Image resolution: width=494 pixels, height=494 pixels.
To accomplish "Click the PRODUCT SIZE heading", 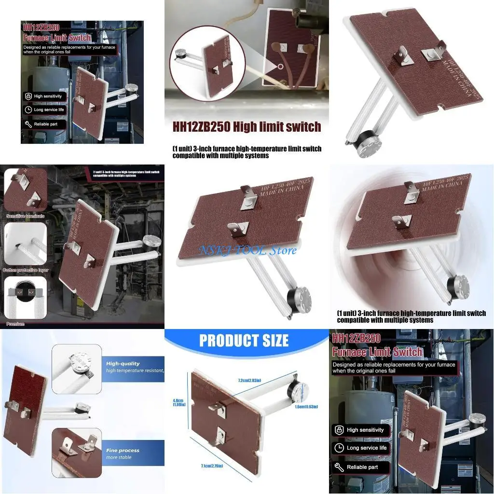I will click(x=244, y=340).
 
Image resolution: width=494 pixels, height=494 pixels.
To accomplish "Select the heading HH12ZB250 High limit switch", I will click(x=247, y=127).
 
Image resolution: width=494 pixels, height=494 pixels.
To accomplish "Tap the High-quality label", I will click(x=123, y=364).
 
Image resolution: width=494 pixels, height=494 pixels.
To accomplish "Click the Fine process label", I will click(x=123, y=451).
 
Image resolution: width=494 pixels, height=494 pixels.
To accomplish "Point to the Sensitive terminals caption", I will click(x=26, y=216).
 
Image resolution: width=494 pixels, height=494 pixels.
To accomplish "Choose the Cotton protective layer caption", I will click(x=25, y=270).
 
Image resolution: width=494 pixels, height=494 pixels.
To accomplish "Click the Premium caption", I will click(x=15, y=324).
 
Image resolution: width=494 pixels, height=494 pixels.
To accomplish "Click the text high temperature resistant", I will click(x=135, y=370).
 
